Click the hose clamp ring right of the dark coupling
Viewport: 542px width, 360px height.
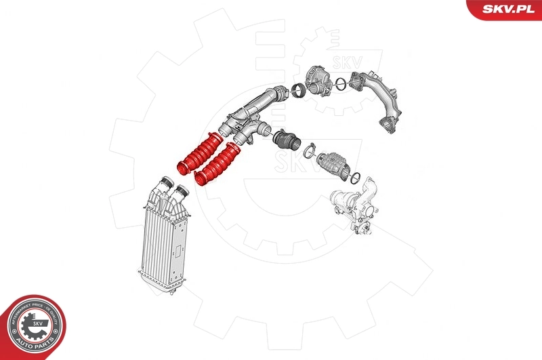coord(310,148)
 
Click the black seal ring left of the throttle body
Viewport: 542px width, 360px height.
coord(296,91)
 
